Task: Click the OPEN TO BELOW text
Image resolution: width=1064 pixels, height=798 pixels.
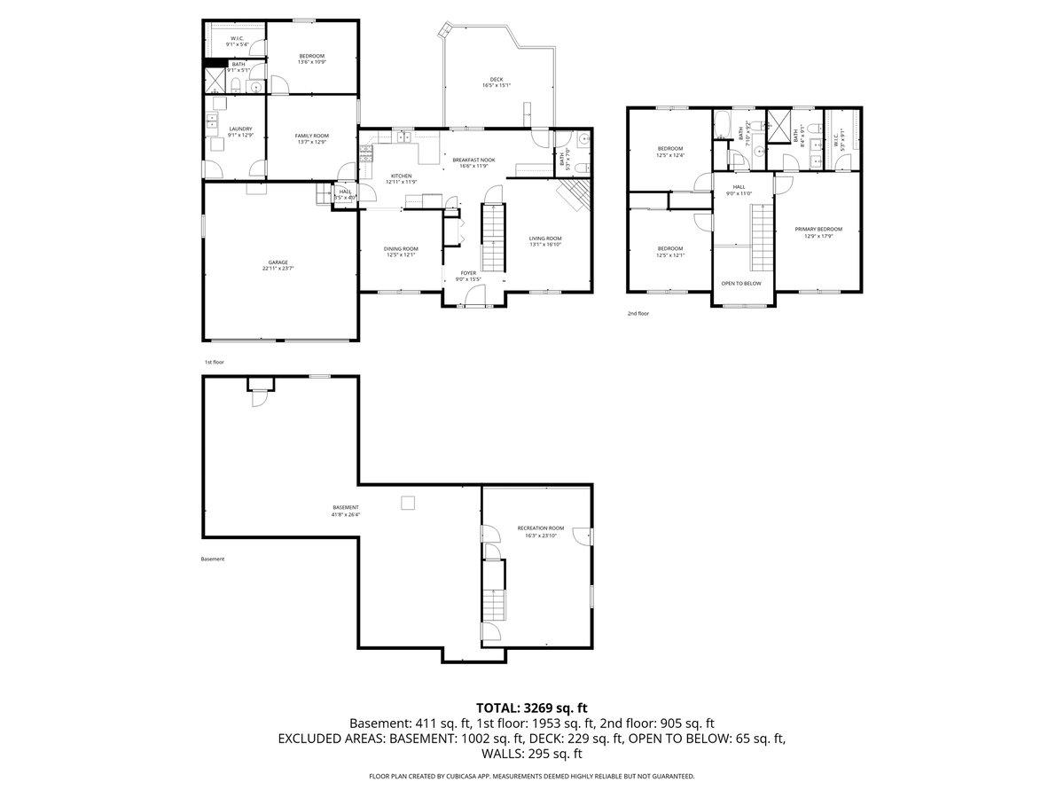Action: point(741,284)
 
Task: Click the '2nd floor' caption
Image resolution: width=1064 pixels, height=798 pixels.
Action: point(638,313)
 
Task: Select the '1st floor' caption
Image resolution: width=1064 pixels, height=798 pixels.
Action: point(215,362)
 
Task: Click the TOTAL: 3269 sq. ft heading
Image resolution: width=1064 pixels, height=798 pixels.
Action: point(532,708)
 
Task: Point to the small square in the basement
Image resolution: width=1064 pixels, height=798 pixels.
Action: point(408,503)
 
